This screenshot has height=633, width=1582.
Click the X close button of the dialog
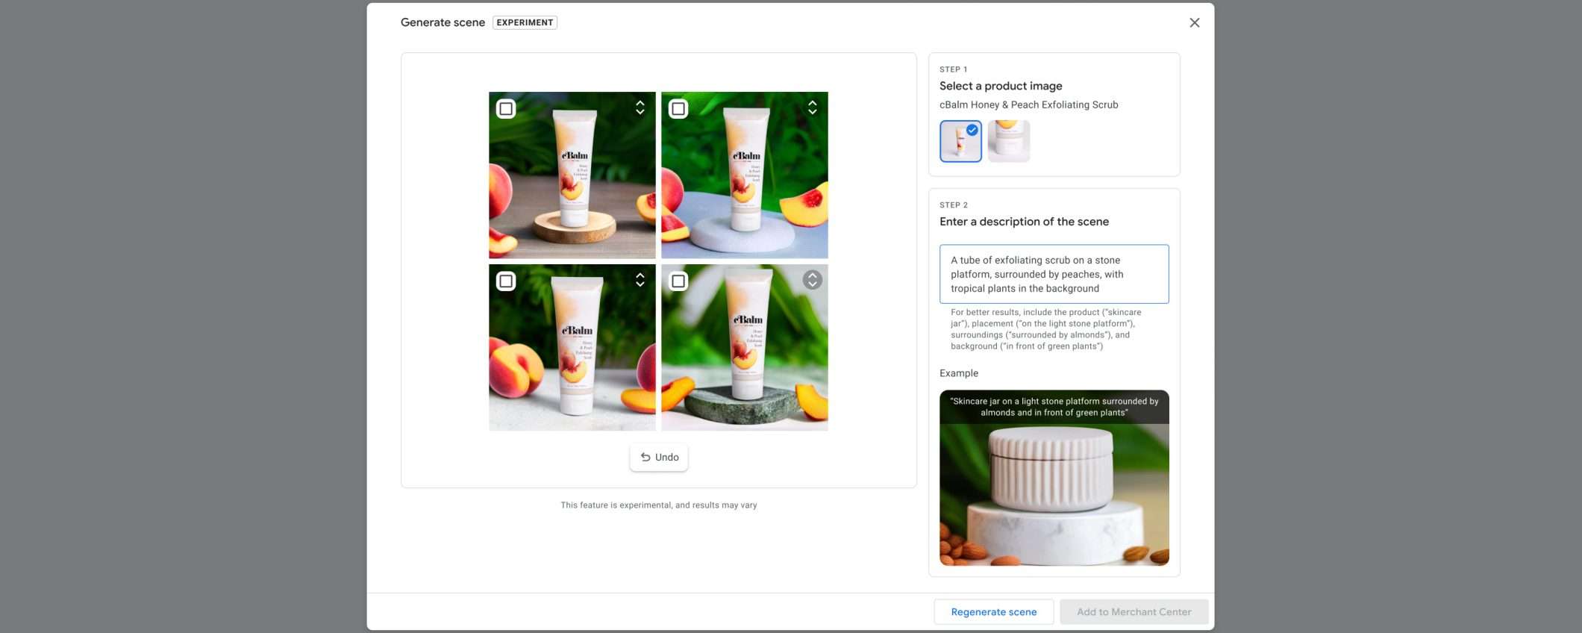click(x=1194, y=22)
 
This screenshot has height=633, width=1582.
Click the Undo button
click(x=659, y=458)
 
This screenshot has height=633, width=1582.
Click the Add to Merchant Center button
click(x=1134, y=612)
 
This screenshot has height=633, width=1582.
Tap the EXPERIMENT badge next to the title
click(x=525, y=22)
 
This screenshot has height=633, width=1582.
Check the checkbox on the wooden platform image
click(x=506, y=109)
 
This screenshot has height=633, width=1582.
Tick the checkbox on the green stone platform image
click(x=678, y=281)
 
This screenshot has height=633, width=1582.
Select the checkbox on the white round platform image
click(x=678, y=109)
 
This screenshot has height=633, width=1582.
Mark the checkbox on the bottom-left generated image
click(x=506, y=281)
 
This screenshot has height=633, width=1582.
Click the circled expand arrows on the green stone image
click(x=812, y=280)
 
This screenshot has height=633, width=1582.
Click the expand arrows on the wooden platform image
click(x=640, y=107)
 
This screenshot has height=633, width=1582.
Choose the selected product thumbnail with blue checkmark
click(x=960, y=141)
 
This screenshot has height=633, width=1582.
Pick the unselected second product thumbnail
click(x=1008, y=141)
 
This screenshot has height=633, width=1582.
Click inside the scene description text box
click(x=1054, y=274)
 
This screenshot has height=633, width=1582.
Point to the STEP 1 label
click(x=953, y=69)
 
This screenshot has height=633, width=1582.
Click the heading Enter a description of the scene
click(x=1024, y=222)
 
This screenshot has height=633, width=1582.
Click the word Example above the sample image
click(x=958, y=373)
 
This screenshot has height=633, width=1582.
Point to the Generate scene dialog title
click(x=443, y=22)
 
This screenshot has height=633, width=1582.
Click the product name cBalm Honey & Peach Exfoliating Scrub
click(x=1028, y=105)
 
